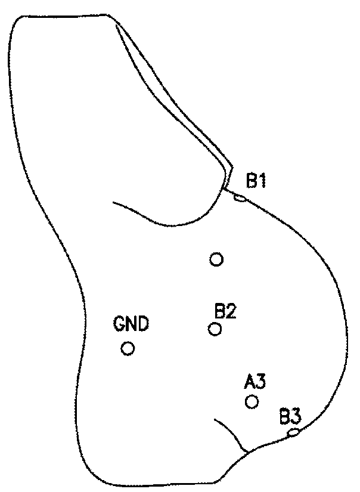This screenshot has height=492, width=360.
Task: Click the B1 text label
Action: point(256,181)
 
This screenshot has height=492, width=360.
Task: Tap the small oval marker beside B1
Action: point(240,197)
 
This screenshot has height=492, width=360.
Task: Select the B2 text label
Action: point(225,311)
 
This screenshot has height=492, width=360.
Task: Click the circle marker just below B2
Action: point(215,329)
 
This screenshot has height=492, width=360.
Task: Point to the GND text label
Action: point(131,325)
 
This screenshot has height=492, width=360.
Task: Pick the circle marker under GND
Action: point(128,348)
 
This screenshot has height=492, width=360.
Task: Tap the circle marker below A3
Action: point(252,401)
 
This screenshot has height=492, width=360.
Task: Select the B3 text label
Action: point(290,415)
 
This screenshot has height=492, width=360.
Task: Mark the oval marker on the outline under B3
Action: point(293,432)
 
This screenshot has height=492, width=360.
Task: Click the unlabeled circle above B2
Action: point(216,259)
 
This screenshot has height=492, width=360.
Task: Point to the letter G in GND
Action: point(119,325)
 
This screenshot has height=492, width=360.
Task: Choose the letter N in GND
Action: point(131,325)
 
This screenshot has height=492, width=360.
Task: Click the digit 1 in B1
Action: point(262,181)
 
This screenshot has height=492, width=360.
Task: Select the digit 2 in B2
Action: point(232,311)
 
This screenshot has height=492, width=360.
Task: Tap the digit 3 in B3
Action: point(296,415)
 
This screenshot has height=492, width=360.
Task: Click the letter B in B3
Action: point(284,415)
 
